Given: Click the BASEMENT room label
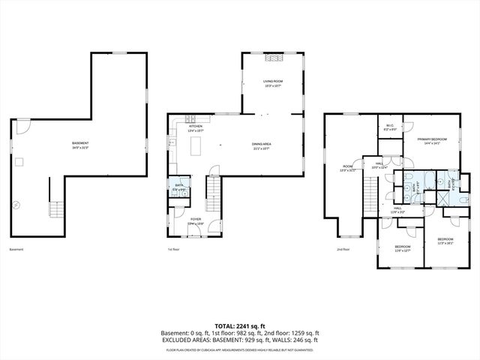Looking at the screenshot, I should pyautogui.click(x=80, y=145).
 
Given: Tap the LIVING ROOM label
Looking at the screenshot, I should pyautogui.click(x=272, y=82).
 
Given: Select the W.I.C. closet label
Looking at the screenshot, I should pyautogui.click(x=390, y=127).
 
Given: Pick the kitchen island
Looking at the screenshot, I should pyautogui.click(x=199, y=144).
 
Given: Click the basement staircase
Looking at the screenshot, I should pyautogui.click(x=55, y=207).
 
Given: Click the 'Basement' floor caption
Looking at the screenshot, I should pyautogui.click(x=16, y=249).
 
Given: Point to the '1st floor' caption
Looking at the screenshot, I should pyautogui.click(x=175, y=249).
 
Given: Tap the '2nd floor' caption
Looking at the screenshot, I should pyautogui.click(x=343, y=249).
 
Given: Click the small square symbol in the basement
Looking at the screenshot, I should pyautogui.click(x=22, y=160).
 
